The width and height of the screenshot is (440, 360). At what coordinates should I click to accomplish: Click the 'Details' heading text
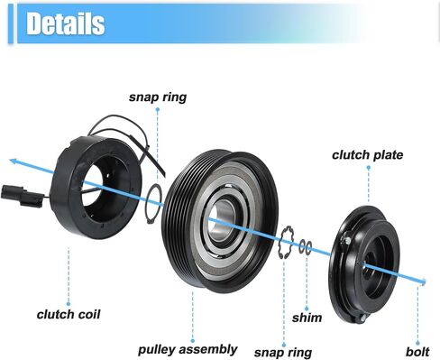(x=66, y=23)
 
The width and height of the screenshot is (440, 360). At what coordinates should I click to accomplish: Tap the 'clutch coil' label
(x=69, y=315)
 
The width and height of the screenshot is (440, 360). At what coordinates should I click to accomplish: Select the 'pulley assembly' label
(x=188, y=350)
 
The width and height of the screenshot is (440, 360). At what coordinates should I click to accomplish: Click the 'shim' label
(x=307, y=318)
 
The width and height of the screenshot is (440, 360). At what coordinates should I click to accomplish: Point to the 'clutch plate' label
(x=368, y=155)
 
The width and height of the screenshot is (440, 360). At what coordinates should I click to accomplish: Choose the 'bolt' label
(x=417, y=352)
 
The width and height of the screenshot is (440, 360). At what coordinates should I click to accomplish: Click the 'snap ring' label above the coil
(x=158, y=97)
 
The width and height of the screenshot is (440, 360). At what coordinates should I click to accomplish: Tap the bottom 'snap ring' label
(x=283, y=353)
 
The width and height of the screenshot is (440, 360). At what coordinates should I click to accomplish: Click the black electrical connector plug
(x=23, y=196)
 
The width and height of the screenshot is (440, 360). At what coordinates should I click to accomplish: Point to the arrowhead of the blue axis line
(x=14, y=162)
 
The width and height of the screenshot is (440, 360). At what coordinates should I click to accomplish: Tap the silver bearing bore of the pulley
(x=223, y=220)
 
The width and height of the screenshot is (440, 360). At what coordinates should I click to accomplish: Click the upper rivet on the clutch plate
(x=347, y=240)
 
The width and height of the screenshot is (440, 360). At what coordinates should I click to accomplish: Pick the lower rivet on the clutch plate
(x=363, y=318)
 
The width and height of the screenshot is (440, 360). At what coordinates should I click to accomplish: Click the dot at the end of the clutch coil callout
(x=69, y=304)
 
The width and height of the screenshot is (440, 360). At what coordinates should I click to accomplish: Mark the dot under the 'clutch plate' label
(x=369, y=167)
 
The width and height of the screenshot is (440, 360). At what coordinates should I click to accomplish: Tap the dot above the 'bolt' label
(x=417, y=343)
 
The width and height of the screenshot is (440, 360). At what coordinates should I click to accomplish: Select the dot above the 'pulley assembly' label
(x=193, y=341)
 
